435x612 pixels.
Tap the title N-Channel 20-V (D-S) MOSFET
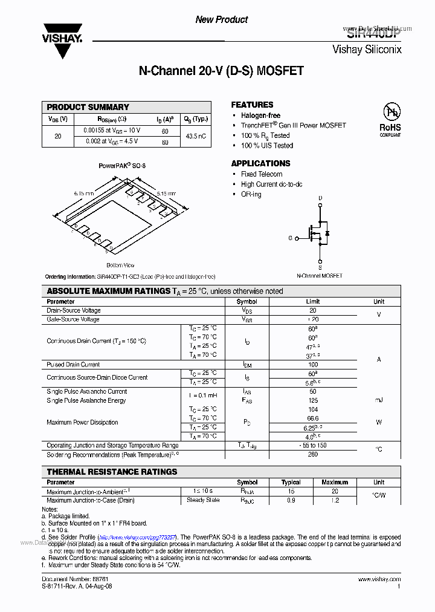221,71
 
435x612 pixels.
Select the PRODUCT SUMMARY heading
88,107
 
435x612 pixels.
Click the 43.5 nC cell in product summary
196,136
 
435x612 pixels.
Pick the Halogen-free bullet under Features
260,116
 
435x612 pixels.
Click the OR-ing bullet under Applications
251,194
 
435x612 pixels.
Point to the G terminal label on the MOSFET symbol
290,238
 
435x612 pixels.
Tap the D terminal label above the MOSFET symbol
320,198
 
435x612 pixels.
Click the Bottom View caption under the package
120,265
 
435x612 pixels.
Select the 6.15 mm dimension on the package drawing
84,193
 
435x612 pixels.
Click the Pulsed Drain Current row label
73,365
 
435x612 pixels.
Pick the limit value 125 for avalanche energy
312,400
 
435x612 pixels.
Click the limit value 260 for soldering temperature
312,454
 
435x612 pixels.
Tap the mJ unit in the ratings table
379,400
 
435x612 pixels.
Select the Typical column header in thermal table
291,482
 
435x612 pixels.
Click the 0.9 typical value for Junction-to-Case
291,500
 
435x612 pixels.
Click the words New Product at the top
221,20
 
